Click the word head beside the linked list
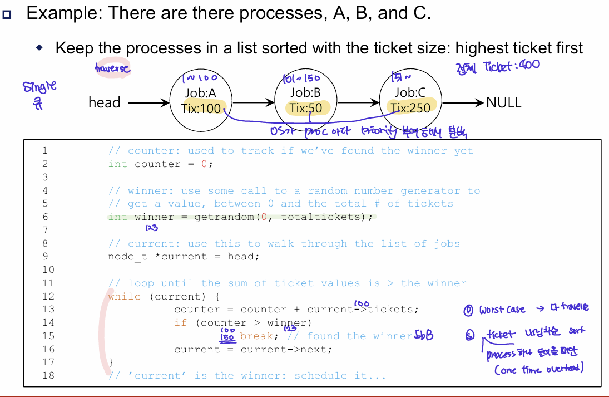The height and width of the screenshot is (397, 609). (x=104, y=102)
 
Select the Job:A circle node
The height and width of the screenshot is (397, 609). (x=200, y=100)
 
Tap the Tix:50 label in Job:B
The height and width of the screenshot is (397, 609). (x=306, y=108)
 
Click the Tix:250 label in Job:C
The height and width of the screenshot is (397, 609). (x=410, y=108)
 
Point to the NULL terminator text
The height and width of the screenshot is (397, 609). (x=503, y=102)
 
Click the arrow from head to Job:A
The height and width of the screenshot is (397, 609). (x=148, y=102)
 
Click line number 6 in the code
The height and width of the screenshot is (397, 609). (x=44, y=217)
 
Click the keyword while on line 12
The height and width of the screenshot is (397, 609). (x=125, y=296)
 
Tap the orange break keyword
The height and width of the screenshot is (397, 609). (x=256, y=336)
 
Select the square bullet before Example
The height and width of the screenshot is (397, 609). (x=8, y=14)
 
